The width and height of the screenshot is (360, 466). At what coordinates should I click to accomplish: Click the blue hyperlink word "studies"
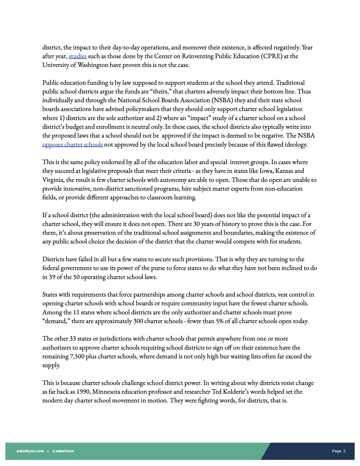coord(77,56)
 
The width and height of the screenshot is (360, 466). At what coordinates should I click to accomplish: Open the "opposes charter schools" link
coord(73,145)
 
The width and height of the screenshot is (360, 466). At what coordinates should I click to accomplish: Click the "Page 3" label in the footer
coord(339,451)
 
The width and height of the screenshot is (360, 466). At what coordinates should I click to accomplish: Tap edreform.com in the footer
coord(30,451)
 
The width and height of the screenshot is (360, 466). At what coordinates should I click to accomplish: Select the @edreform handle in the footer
coord(63,451)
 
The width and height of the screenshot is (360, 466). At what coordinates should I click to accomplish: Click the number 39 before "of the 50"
coord(52,277)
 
